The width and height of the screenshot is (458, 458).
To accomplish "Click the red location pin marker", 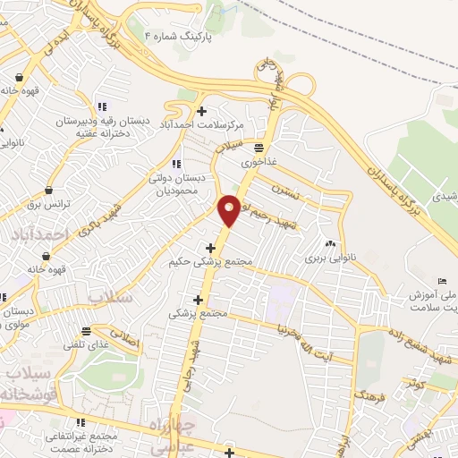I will (x=229, y=210).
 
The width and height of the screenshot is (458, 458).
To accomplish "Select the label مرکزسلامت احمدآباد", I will (x=204, y=125).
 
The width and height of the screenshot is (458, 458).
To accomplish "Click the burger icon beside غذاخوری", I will (x=259, y=147).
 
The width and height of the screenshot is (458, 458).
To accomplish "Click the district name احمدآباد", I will (x=36, y=234).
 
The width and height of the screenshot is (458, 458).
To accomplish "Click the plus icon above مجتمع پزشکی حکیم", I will (x=211, y=248).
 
